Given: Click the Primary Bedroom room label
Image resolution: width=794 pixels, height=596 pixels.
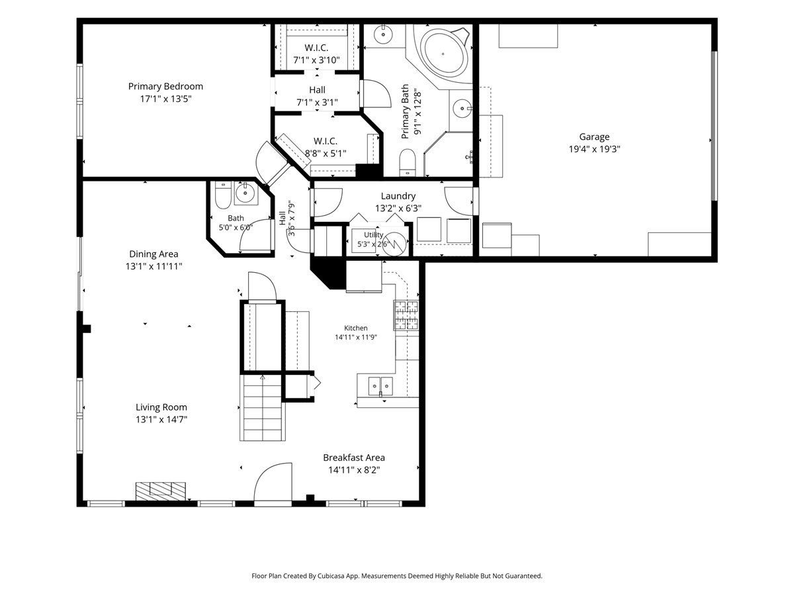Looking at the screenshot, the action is click(x=165, y=87).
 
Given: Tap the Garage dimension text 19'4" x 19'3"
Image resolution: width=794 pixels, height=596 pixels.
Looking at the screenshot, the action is click(x=594, y=149).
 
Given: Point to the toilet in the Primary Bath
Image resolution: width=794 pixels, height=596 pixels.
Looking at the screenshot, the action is click(x=408, y=162).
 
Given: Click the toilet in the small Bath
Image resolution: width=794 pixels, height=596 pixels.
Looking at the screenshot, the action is click(x=222, y=195).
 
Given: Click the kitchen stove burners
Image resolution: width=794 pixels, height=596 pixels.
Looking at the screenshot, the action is click(x=406, y=315).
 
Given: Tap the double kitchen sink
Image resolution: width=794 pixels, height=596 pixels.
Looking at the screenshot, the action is click(x=380, y=386).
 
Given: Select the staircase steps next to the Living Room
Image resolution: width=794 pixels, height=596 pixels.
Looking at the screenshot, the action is click(x=262, y=407).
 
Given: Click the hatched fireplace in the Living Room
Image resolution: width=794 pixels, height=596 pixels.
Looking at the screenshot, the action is click(x=161, y=491).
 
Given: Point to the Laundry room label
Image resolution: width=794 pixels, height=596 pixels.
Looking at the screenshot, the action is click(x=398, y=196).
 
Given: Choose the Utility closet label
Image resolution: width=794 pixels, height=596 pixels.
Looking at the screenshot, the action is click(x=373, y=235).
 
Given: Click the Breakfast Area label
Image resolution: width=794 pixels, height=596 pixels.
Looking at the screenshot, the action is click(x=354, y=458).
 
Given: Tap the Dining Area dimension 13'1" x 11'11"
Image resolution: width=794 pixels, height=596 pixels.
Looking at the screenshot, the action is click(x=154, y=266).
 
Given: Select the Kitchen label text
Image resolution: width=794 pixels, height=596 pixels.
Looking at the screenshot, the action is click(x=355, y=328).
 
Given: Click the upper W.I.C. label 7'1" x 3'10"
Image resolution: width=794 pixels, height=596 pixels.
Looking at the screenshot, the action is click(x=316, y=60).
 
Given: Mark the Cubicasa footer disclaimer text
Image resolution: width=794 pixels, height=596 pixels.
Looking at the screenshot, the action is click(x=397, y=575).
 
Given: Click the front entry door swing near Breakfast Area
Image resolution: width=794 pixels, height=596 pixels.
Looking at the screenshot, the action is click(x=273, y=483).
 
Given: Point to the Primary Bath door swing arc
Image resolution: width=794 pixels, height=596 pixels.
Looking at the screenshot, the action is click(x=377, y=93).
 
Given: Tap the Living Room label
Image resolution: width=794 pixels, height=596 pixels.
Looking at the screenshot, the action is click(x=161, y=407).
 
